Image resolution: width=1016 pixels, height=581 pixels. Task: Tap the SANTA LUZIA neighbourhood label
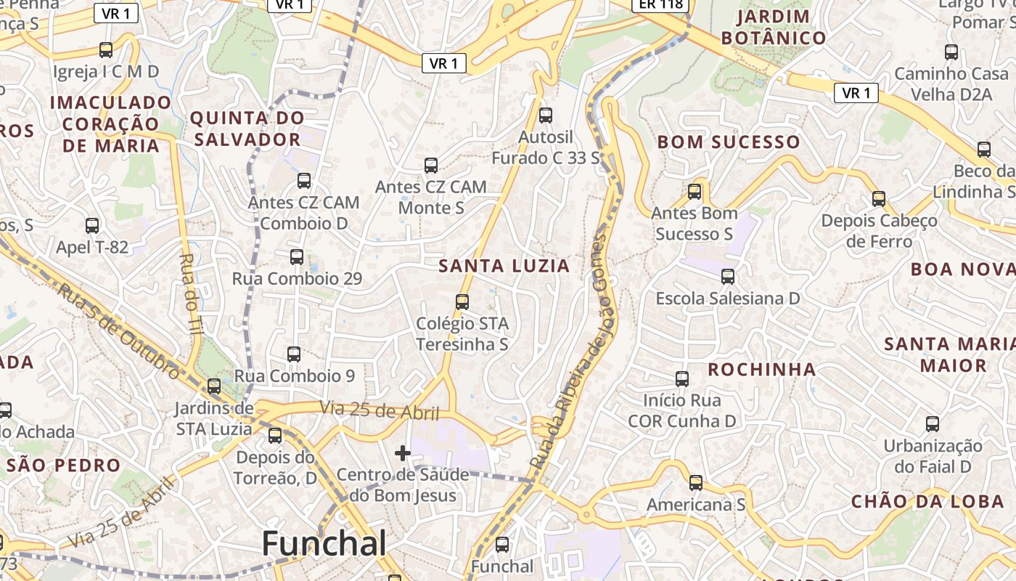504,266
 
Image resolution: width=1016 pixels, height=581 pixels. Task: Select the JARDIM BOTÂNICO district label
773,28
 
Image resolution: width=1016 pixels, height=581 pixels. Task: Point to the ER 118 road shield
660,5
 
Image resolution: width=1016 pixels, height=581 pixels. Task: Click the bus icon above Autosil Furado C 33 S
546,115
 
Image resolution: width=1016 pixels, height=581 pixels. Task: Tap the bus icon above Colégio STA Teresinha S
462,301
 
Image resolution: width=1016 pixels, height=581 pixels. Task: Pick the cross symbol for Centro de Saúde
403,454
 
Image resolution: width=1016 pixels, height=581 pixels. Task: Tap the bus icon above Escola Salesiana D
728,277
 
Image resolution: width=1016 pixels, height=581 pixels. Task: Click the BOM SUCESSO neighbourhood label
729,142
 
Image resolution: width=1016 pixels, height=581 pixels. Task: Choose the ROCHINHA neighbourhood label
762,370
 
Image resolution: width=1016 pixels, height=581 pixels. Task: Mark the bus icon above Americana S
696,482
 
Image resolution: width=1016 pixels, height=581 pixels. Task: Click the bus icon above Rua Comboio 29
297,256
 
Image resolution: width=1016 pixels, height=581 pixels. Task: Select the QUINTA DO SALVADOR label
247,129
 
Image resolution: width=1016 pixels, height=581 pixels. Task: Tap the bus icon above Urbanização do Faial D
933,423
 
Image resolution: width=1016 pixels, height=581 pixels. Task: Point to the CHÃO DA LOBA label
928,501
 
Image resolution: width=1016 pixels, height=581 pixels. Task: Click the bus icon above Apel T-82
92,225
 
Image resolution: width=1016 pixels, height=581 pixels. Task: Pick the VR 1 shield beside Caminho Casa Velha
856,93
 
